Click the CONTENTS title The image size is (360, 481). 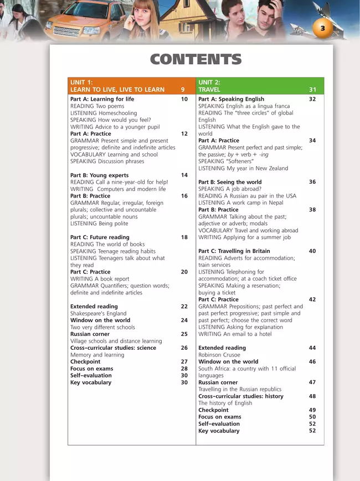196,60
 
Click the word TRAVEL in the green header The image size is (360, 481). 209,90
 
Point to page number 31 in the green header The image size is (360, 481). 312,90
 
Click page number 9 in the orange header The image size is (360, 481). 183,90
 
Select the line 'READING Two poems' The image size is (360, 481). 96,106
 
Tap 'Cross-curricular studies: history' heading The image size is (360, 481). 240,396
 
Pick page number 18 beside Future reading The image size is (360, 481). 184,237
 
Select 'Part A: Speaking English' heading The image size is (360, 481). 231,99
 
